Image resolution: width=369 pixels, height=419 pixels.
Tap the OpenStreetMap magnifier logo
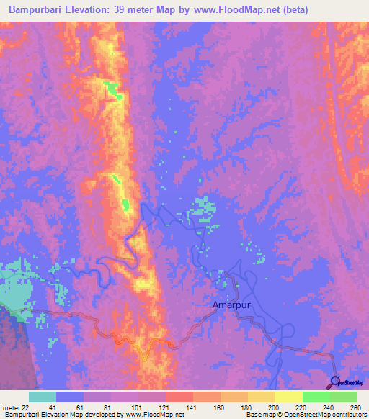(335, 382)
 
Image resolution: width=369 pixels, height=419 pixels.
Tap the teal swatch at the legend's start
(43, 397)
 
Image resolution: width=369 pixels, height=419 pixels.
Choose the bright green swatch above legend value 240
(316, 397)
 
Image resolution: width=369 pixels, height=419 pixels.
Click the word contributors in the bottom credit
(346, 415)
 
